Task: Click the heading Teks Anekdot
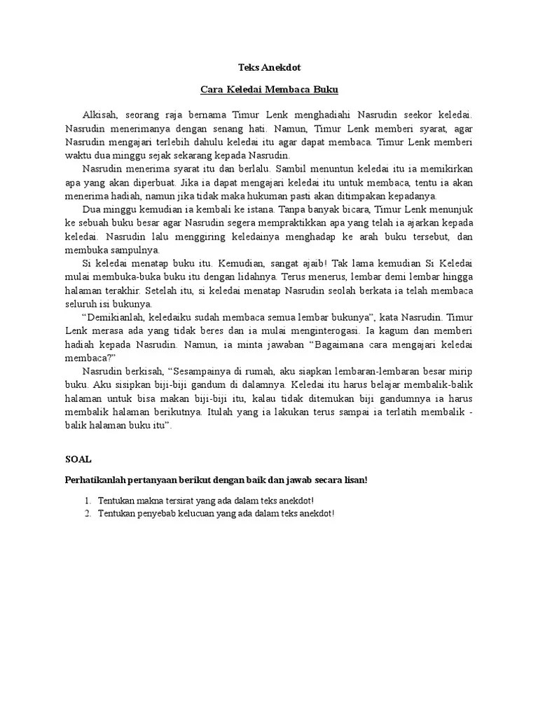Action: [x=268, y=67]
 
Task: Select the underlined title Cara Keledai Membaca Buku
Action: [x=268, y=90]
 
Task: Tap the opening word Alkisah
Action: [x=100, y=114]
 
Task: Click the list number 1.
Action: [x=88, y=501]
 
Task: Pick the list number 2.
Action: [x=88, y=514]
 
